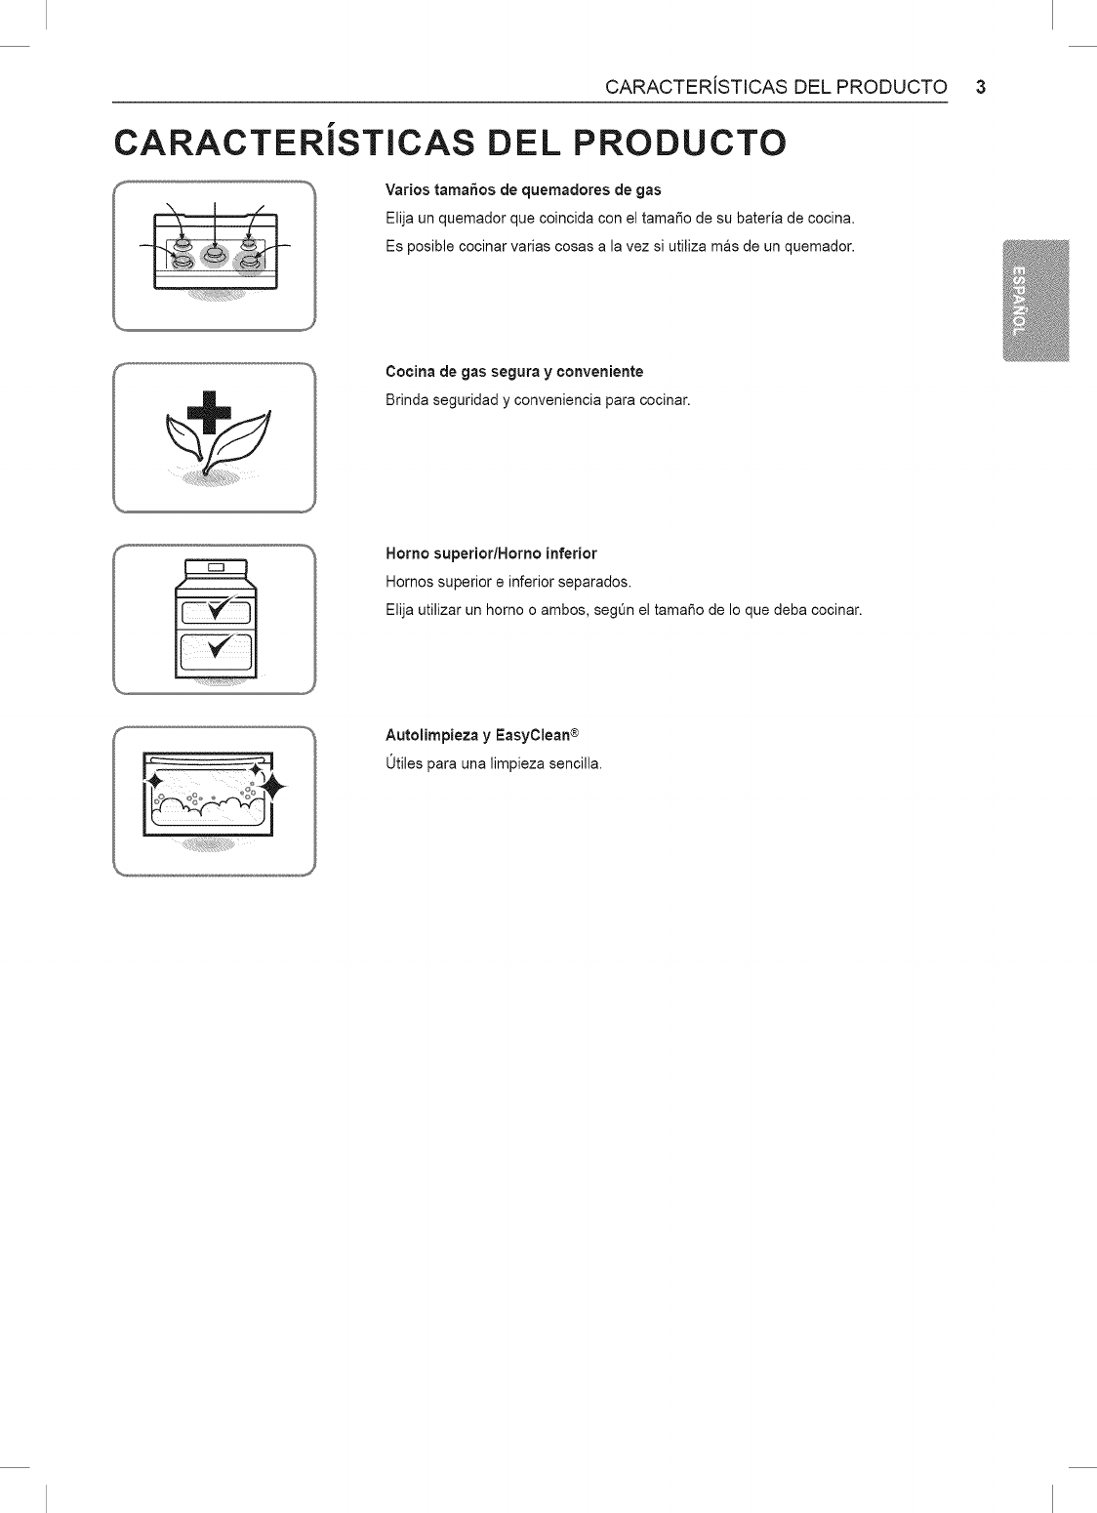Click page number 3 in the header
981,86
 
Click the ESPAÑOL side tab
1021,299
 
